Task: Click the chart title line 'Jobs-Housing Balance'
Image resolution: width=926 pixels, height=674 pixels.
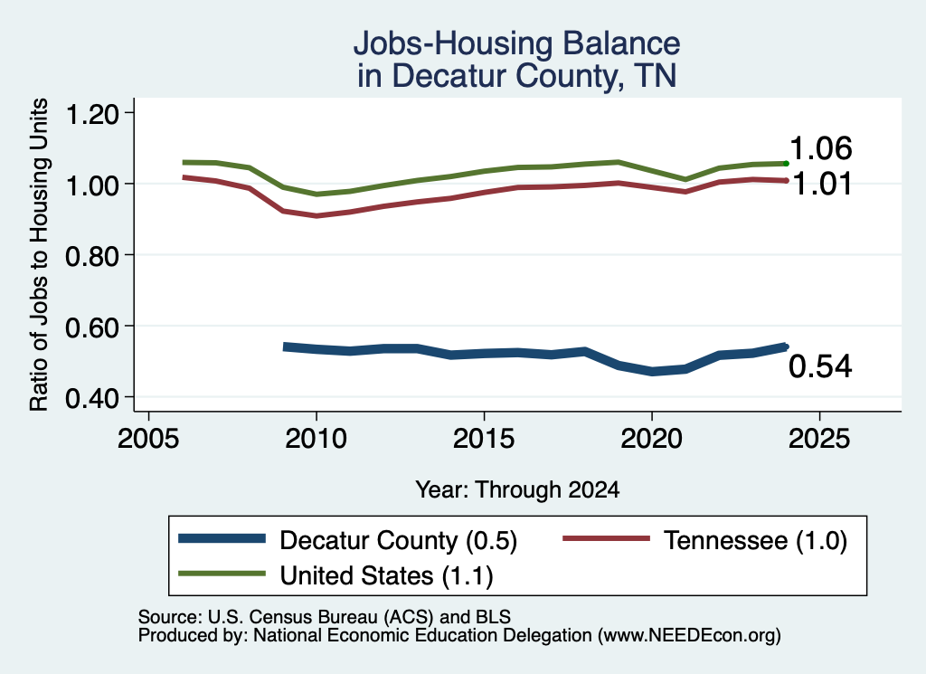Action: coord(516,43)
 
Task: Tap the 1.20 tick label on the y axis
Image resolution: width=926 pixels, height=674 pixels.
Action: coord(91,113)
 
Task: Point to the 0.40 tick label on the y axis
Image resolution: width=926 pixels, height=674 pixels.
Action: coord(91,398)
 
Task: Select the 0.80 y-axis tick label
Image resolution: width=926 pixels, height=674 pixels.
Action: coord(91,256)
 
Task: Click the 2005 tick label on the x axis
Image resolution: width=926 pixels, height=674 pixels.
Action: coord(148,439)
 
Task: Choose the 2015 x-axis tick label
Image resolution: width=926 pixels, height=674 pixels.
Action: coord(484,439)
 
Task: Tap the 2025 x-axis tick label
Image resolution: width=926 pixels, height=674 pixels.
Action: coord(819,439)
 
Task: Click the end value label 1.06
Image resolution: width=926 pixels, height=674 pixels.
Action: coord(821,147)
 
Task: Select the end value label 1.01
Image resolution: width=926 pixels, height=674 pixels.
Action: coord(822,184)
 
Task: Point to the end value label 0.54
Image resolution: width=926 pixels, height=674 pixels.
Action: coord(820,366)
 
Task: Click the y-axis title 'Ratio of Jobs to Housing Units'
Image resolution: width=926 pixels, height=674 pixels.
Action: coord(39,254)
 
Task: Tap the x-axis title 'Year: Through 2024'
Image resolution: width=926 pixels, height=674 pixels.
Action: coord(517,489)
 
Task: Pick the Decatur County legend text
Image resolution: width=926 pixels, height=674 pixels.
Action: coord(398,540)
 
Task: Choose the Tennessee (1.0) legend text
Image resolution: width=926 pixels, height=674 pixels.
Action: coord(755,540)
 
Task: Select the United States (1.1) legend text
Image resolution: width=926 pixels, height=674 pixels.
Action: coord(386,575)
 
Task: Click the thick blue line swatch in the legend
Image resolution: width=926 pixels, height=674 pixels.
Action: coord(222,538)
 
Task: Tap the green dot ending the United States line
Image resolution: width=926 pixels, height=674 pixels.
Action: coord(786,164)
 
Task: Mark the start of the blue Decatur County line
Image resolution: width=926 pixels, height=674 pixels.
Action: coord(285,346)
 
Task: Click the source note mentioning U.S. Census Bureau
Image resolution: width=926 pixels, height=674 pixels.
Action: coord(325,617)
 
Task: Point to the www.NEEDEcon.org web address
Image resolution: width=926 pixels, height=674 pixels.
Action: coord(689,635)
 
